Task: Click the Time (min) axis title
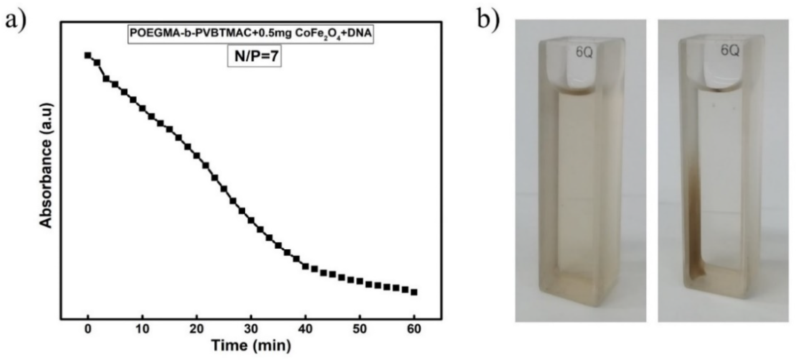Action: pos(251,345)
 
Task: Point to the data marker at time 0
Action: pos(88,55)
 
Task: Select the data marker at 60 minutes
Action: pos(414,292)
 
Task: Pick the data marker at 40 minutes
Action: pos(305,266)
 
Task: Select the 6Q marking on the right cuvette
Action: pos(730,50)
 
